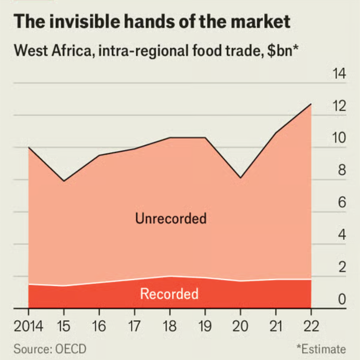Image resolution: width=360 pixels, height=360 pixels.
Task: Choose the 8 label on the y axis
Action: tap(340, 171)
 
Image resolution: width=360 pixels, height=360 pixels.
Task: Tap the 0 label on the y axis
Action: tap(340, 300)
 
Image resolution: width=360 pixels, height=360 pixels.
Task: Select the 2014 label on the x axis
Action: tap(28, 326)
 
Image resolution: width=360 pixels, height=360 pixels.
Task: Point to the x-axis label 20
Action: tap(240, 326)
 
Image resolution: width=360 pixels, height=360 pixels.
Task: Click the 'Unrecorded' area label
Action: tap(171, 219)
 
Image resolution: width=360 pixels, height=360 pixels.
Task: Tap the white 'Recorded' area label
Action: tap(169, 294)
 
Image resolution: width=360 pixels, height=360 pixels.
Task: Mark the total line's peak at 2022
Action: tap(311, 104)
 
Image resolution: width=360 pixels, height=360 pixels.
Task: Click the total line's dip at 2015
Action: tap(64, 181)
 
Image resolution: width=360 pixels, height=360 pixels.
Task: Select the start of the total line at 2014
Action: tap(29, 147)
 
